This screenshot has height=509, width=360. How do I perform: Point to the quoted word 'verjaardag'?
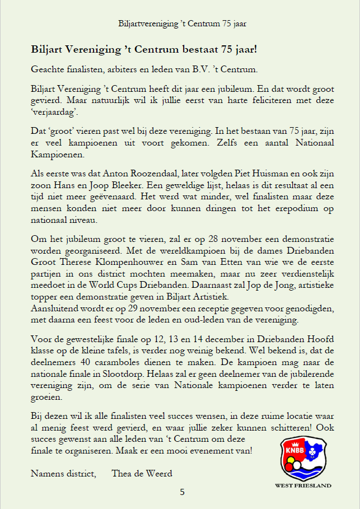click(54, 111)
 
